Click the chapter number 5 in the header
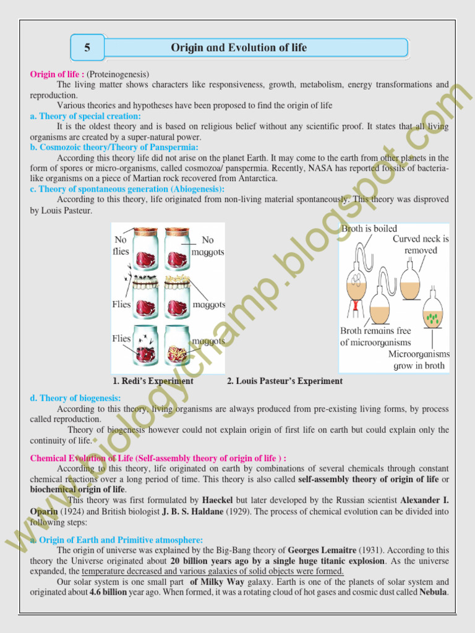click(88, 48)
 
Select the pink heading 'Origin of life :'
click(57, 74)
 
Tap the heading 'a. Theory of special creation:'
click(85, 116)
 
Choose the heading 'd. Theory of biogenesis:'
click(75, 399)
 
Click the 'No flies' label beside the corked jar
click(121, 245)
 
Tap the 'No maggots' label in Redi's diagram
click(207, 245)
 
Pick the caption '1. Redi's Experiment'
click(153, 381)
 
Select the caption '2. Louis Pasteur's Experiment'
click(285, 381)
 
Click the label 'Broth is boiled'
click(369, 229)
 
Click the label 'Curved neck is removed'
click(421, 244)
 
